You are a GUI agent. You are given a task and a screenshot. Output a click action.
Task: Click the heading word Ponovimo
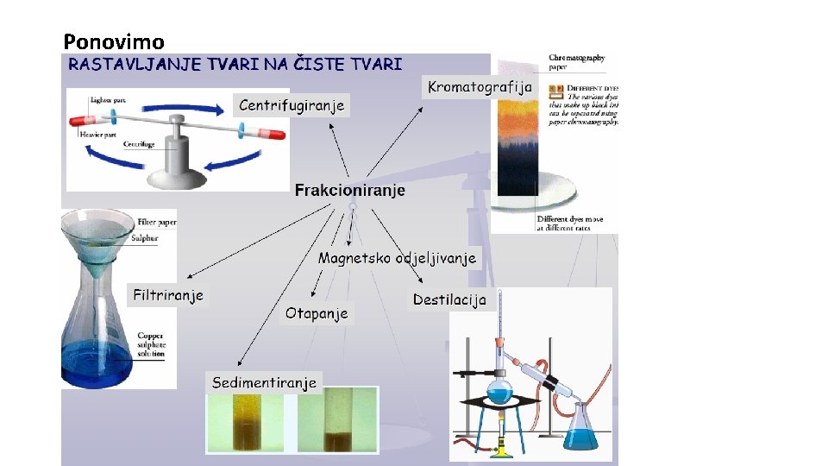(x=114, y=41)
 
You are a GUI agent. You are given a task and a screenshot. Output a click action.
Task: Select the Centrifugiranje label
(x=292, y=105)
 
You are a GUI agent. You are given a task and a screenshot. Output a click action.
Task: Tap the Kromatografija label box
(x=480, y=86)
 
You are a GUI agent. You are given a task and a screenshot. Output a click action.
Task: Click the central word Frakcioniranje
(x=349, y=191)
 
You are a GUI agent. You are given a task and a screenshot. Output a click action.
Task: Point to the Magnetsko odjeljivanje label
(x=397, y=257)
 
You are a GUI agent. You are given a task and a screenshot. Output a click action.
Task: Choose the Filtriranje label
(x=168, y=296)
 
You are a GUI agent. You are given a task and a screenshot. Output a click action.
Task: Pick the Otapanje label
(x=317, y=313)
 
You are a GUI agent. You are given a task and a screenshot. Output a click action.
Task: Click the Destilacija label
(x=449, y=299)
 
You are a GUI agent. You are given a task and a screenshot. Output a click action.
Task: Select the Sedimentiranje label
(x=265, y=382)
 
